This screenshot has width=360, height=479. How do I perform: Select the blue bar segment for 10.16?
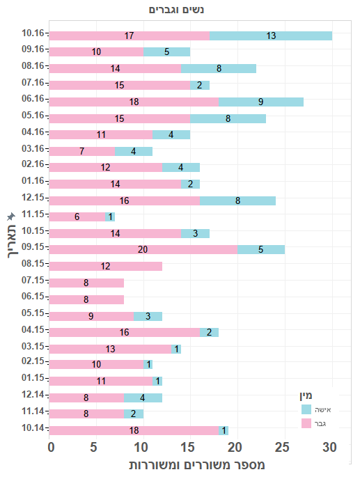[x=271, y=36]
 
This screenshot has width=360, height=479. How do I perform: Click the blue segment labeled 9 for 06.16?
[x=260, y=102]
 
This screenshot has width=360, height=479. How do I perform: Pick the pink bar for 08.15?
[x=106, y=266]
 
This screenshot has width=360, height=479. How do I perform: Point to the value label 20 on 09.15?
[x=143, y=249]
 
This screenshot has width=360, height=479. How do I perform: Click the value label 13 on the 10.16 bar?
[x=271, y=36]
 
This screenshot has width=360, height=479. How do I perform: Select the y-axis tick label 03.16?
[x=33, y=148]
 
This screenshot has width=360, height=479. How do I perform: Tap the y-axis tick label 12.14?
[x=33, y=395]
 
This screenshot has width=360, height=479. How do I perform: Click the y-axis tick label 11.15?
[x=33, y=214]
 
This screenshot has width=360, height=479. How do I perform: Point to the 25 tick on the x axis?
[x=282, y=446]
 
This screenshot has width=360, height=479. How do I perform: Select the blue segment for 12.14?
[x=143, y=398]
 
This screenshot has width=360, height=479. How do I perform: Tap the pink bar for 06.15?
[x=86, y=299]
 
